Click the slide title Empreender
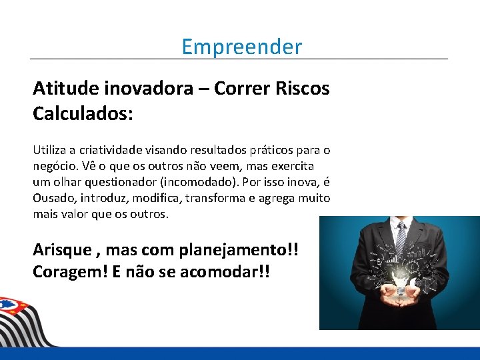[241, 47]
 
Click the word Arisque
[62, 250]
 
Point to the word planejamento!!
[239, 250]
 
